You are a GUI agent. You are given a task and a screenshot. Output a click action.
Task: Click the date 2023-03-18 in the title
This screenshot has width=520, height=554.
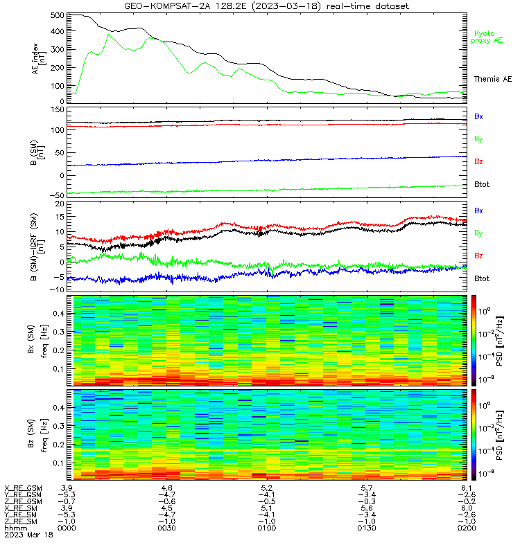pos(286,6)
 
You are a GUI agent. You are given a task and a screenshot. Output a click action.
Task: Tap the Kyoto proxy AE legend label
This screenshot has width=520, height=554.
pos(487,37)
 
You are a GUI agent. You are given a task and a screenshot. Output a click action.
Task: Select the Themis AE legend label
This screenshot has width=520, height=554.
pos(493,79)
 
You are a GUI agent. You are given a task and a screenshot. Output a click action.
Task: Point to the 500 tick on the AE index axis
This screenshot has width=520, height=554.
pos(58,15)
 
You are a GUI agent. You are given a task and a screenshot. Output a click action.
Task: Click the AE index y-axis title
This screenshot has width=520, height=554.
pos(39,59)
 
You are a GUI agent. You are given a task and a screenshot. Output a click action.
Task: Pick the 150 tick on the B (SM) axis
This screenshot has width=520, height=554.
pos(58,110)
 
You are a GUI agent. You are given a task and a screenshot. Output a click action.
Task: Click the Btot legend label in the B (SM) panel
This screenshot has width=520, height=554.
pos(482,184)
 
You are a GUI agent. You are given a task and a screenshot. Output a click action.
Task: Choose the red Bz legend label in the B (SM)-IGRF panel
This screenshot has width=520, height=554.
pos(478,256)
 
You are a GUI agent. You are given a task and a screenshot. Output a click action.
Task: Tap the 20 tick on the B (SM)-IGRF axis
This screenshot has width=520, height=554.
pos(60,204)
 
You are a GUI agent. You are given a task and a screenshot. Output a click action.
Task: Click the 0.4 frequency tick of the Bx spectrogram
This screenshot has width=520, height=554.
pos(59,314)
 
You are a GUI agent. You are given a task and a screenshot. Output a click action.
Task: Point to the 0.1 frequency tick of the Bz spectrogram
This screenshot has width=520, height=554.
pos(59,463)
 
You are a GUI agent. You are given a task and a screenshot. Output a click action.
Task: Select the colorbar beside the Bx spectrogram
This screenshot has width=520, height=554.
pos(474,341)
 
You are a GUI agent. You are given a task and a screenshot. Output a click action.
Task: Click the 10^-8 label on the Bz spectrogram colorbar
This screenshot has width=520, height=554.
pos(485,473)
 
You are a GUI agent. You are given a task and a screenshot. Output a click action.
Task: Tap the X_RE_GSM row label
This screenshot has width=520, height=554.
pos(23,489)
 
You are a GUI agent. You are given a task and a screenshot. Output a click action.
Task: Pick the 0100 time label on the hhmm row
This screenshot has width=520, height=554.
pos(267,528)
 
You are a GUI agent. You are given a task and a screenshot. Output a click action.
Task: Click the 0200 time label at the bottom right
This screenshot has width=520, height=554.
pos(467,528)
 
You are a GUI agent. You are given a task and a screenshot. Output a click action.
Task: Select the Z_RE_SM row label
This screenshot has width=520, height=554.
pos(21,521)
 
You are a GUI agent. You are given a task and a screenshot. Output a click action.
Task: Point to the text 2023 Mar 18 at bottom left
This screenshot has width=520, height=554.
pos(28,535)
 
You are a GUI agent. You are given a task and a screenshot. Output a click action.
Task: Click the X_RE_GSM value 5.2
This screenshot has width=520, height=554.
pos(267,489)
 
